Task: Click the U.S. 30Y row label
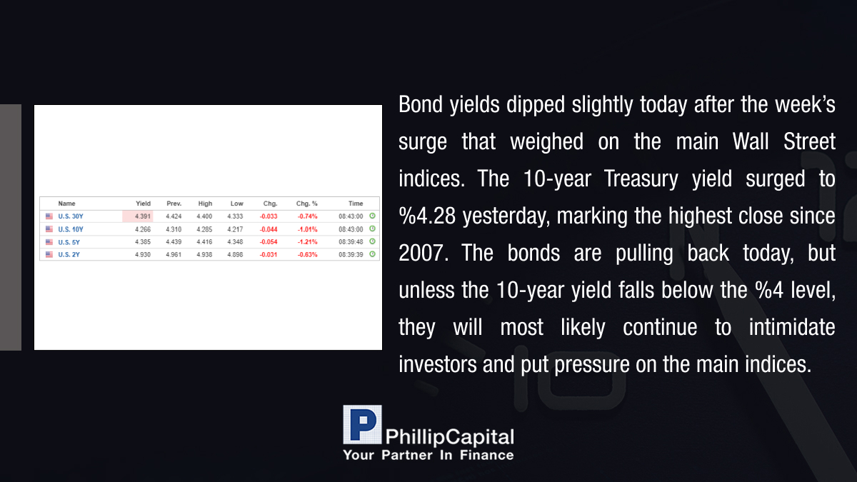[71, 216]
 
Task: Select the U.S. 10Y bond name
[71, 229]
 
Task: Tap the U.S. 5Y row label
[69, 242]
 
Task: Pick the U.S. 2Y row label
[69, 254]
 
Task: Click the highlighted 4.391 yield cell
[138, 216]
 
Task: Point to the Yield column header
[143, 204]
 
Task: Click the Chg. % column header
[307, 204]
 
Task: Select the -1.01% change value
[307, 229]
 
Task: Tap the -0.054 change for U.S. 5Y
[269, 242]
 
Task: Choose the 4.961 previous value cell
[174, 254]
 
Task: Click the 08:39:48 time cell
[351, 242]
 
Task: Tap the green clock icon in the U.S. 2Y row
[372, 254]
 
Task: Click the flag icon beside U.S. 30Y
[49, 216]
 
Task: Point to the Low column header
[237, 204]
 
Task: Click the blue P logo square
[362, 425]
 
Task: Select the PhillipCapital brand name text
[449, 437]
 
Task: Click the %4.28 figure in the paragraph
[427, 216]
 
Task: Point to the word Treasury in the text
[641, 179]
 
